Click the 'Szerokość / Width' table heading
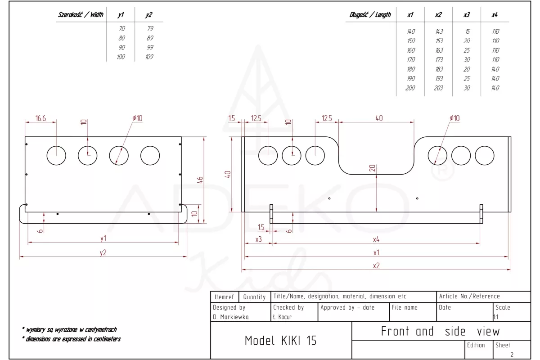81,15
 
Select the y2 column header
149,15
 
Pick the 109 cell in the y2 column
149,57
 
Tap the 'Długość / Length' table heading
370,15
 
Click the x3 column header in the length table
467,15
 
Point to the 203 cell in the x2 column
439,88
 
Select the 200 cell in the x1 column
410,88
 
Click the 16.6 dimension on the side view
40,118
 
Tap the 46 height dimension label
200,180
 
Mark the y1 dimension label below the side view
103,238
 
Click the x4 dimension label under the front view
376,239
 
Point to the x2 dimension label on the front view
376,265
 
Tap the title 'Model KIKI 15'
280,341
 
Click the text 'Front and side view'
440,332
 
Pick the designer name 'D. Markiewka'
230,317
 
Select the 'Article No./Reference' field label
469,297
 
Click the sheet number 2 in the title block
512,355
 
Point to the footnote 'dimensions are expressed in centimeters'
72,339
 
